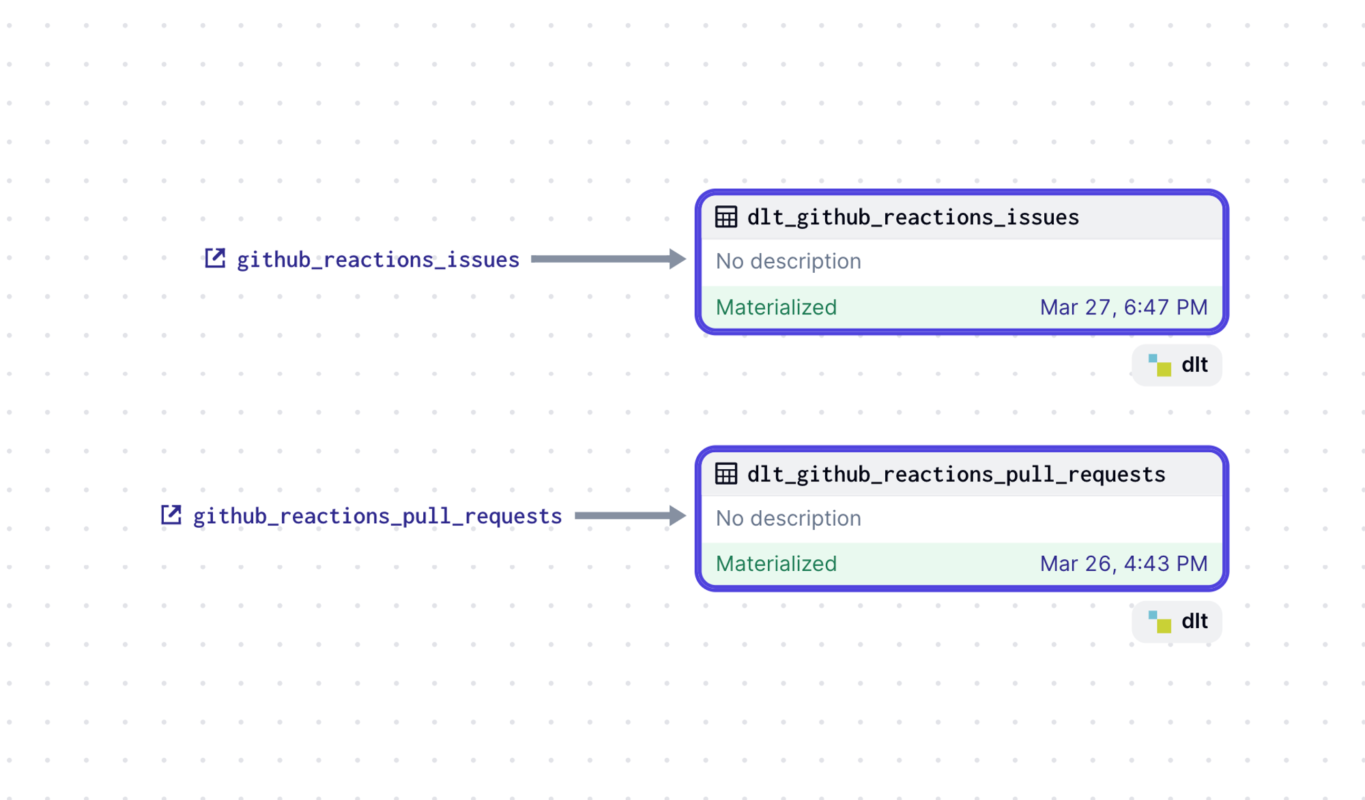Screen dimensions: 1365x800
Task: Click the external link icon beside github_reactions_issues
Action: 215,258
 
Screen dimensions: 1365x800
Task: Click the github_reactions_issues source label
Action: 378,260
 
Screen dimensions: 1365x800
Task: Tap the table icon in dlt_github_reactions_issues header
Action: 726,217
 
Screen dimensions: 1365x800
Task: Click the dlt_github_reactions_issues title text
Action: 913,218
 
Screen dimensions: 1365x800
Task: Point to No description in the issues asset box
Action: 788,261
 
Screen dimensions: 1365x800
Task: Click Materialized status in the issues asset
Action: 776,308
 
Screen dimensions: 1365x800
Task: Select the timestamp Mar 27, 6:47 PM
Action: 1123,308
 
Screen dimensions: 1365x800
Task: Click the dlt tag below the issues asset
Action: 1177,365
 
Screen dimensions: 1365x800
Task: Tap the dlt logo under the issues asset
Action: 1160,366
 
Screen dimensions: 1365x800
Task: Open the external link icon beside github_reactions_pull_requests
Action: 171,515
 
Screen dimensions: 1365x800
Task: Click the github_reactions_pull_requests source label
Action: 377,516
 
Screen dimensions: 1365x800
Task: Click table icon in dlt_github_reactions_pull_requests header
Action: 726,473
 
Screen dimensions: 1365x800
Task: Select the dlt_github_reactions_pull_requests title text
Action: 956,474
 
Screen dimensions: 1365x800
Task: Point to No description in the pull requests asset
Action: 788,518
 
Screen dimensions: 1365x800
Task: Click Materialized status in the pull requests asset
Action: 776,564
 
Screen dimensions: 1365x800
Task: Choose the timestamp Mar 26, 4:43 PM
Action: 1123,564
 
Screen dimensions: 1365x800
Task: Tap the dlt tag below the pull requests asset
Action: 1177,621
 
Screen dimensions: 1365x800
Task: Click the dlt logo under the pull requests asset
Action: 1160,622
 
